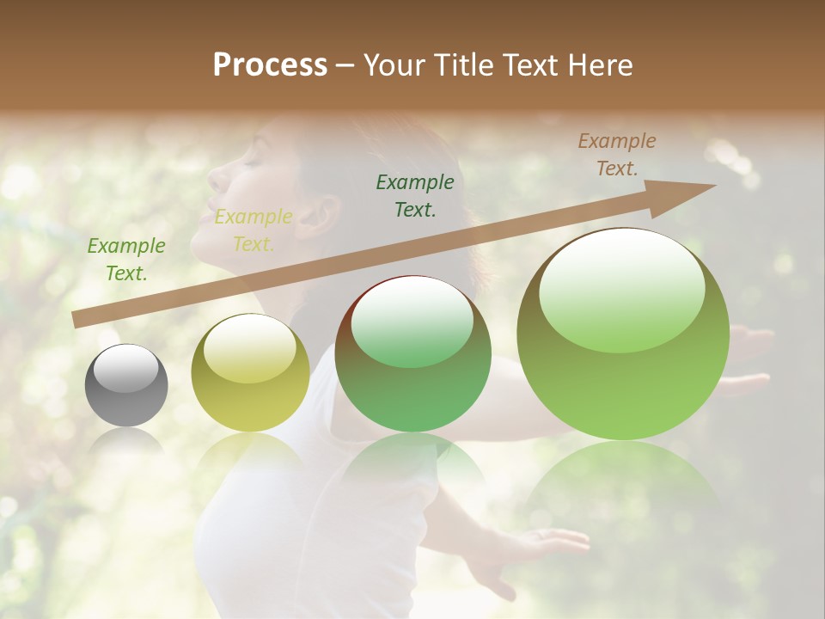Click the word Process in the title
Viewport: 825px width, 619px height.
point(270,65)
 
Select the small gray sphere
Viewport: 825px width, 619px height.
point(126,385)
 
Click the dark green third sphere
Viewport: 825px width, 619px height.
point(412,354)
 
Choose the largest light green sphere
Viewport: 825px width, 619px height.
point(623,334)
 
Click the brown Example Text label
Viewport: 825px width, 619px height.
point(617,155)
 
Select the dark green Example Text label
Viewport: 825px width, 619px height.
point(415,195)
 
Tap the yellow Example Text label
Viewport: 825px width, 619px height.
point(254,230)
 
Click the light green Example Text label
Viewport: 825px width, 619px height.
point(126,260)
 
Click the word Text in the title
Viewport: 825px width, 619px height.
point(531,65)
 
